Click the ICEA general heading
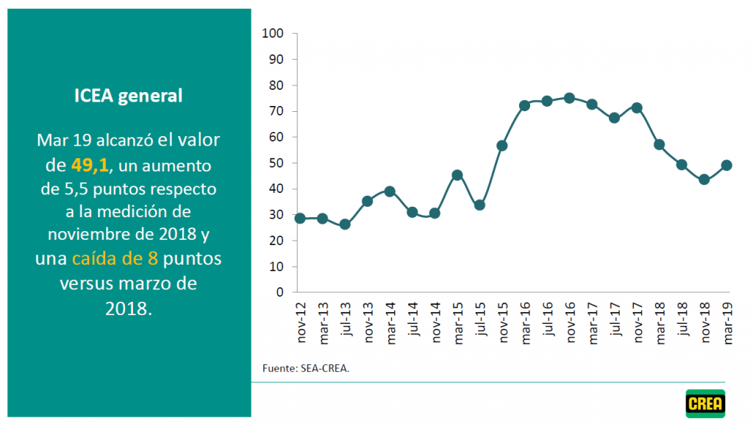[x=129, y=96]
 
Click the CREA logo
[x=705, y=403]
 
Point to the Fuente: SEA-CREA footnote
[x=305, y=368]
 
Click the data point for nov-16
[x=569, y=98]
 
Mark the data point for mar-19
[x=727, y=165]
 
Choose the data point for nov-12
[x=300, y=218]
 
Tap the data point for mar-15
[x=457, y=175]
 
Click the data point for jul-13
[x=345, y=224]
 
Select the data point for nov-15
[x=502, y=146]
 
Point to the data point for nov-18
[x=704, y=179]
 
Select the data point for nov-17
[x=637, y=108]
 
